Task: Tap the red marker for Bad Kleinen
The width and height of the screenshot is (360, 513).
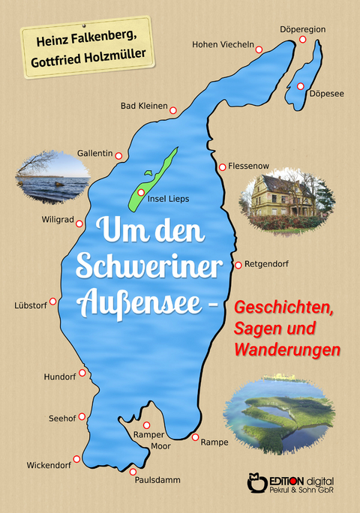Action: [172, 110]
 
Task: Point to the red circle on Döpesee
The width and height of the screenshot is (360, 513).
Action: [300, 86]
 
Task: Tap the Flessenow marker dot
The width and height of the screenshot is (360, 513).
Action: [222, 166]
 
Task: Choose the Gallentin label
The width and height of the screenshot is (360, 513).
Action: [94, 153]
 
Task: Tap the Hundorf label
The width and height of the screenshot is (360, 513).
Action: [60, 375]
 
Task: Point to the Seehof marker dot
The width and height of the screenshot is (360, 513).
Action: [82, 416]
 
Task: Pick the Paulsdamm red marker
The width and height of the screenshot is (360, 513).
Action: [133, 471]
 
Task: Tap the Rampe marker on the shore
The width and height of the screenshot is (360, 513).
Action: [195, 436]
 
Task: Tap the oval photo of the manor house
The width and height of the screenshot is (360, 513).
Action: [287, 199]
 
